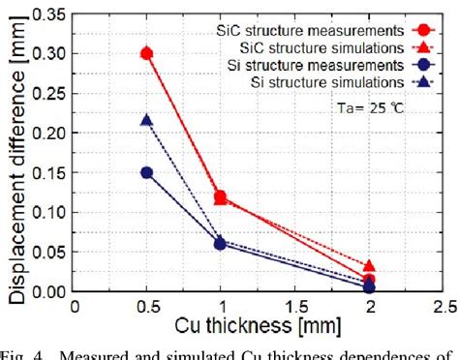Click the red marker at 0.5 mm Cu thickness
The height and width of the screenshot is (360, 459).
click(x=147, y=53)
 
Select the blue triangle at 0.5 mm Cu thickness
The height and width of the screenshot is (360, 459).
click(x=147, y=120)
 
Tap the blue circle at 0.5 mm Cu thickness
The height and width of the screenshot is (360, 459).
click(x=147, y=172)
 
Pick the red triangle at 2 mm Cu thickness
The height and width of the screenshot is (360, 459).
click(x=369, y=266)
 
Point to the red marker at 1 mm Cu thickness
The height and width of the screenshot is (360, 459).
click(x=221, y=196)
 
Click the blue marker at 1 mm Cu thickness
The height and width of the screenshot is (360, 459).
click(x=221, y=244)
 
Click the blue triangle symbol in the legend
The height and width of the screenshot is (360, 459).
click(x=418, y=81)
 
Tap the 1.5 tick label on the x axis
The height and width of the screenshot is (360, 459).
click(x=295, y=306)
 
